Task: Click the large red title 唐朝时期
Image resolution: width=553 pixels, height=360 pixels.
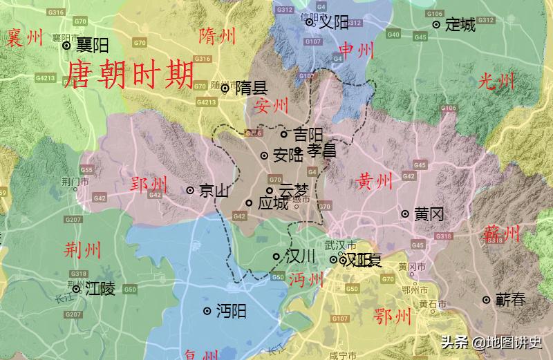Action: (x=129, y=73)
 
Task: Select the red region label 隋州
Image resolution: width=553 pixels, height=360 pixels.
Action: (x=217, y=35)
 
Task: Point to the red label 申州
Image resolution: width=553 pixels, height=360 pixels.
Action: (x=357, y=49)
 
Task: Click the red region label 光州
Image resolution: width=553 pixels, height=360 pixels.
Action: (x=497, y=82)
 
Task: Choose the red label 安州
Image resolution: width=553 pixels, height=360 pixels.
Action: (x=271, y=106)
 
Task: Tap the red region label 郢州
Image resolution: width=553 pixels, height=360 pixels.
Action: (x=149, y=185)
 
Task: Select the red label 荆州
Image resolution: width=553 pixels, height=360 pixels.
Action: (x=82, y=249)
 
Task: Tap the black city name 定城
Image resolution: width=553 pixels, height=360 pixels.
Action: (x=460, y=26)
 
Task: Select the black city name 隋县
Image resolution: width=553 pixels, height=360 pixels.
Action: (x=251, y=88)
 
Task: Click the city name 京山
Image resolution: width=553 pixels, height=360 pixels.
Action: (x=214, y=191)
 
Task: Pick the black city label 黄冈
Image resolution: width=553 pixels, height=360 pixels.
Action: (x=429, y=214)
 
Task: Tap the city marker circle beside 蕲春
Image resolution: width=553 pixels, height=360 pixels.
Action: (x=487, y=300)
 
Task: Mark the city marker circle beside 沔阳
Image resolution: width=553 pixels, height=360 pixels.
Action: (x=207, y=312)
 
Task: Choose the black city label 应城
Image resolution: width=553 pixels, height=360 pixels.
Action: (x=272, y=204)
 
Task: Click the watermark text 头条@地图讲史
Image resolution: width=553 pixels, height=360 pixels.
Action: (x=491, y=342)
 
